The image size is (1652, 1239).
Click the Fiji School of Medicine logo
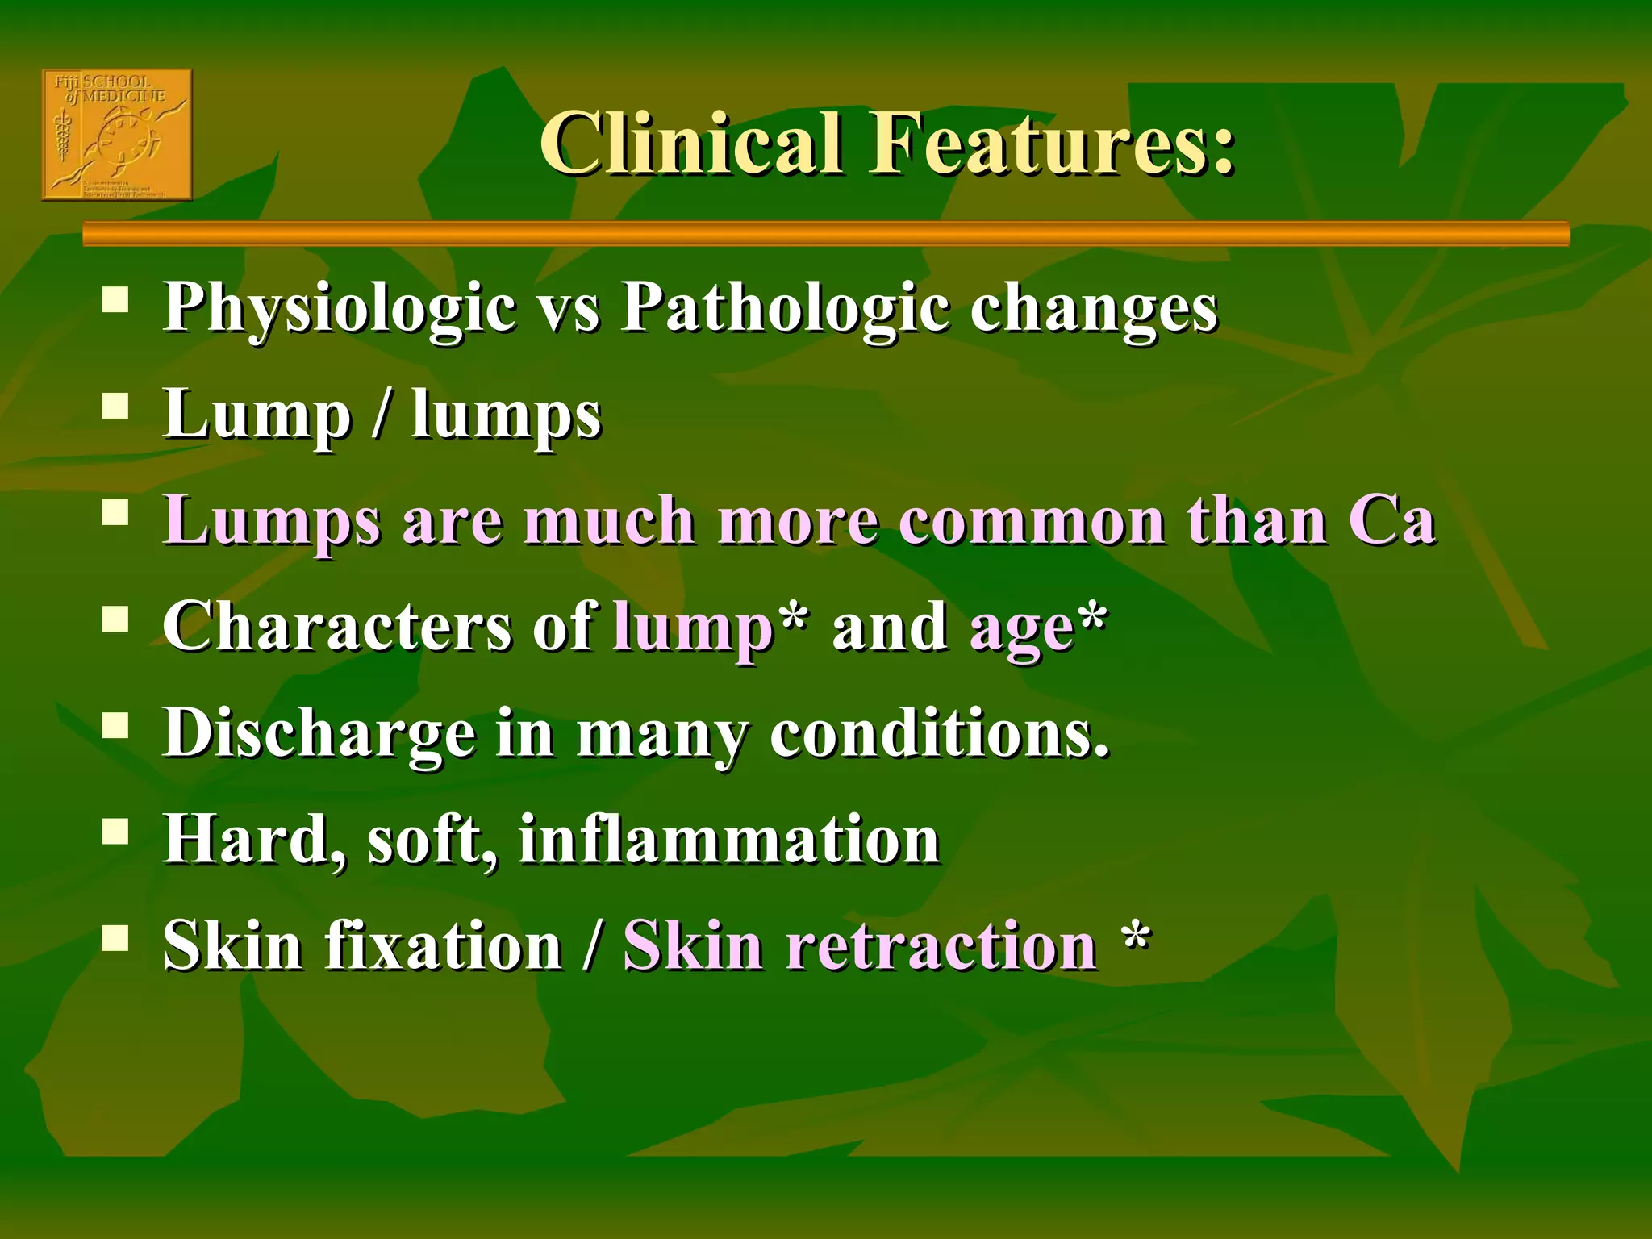117,135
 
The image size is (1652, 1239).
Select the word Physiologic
340,309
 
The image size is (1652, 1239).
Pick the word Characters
336,627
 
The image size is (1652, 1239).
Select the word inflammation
729,840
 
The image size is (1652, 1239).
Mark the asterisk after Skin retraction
1136,936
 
